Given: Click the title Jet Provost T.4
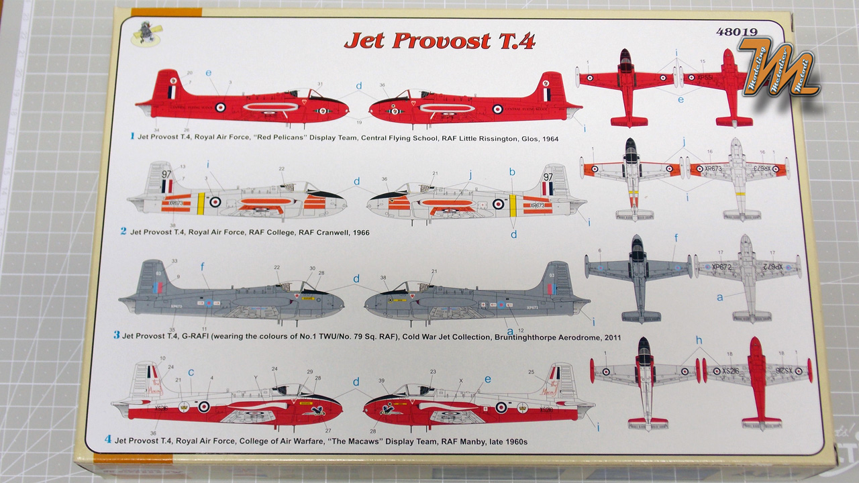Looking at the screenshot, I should pyautogui.click(x=439, y=40).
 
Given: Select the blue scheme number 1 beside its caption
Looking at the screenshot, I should pyautogui.click(x=133, y=136).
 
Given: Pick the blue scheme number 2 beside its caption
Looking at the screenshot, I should pyautogui.click(x=123, y=231).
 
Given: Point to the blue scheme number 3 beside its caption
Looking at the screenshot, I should pyautogui.click(x=116, y=335).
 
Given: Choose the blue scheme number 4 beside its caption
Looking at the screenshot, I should pyautogui.click(x=108, y=441).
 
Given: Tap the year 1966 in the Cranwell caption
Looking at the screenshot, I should pyautogui.click(x=356, y=232).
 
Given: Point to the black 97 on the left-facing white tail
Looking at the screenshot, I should pyautogui.click(x=166, y=174).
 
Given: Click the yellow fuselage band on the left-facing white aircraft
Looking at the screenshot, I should pyautogui.click(x=201, y=202).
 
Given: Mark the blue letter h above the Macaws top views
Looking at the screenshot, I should pyautogui.click(x=699, y=341).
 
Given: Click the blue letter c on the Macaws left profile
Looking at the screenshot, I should pyautogui.click(x=191, y=372).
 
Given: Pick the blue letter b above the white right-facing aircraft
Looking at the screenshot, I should pyautogui.click(x=512, y=172).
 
